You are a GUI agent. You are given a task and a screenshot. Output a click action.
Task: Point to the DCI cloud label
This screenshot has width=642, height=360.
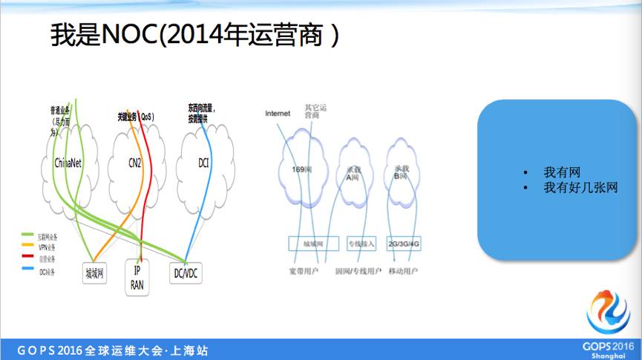[204, 162]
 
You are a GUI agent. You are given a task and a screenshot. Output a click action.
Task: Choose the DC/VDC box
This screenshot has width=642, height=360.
[186, 273]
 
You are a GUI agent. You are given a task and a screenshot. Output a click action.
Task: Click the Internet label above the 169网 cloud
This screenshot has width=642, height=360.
[278, 113]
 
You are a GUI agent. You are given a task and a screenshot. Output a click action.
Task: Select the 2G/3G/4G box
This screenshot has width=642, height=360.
[404, 243]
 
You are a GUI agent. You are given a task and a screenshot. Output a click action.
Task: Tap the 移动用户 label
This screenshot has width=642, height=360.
[403, 272]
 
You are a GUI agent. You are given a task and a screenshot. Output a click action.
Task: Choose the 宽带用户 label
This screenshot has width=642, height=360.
[303, 272]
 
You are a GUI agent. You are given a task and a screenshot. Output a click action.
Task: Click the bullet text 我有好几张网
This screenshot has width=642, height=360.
[580, 188]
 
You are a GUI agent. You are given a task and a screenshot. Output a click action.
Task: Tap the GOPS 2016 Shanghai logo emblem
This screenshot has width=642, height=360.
[607, 312]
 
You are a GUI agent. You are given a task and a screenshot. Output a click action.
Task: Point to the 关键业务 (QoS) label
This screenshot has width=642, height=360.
[136, 117]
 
